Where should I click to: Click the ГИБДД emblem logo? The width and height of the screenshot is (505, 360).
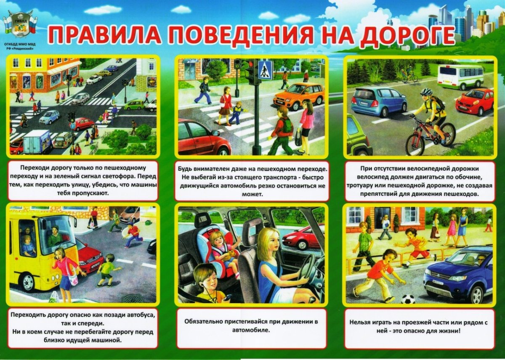click(x=20, y=28)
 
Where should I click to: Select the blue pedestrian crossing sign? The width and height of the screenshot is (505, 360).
click(x=265, y=69)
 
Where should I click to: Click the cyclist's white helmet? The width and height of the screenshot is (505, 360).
click(x=426, y=92)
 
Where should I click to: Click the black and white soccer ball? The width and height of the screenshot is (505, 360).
click(x=407, y=299)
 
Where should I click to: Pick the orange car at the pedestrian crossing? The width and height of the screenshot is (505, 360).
click(x=299, y=95)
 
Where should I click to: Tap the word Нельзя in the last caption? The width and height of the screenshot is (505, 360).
click(x=360, y=323)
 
